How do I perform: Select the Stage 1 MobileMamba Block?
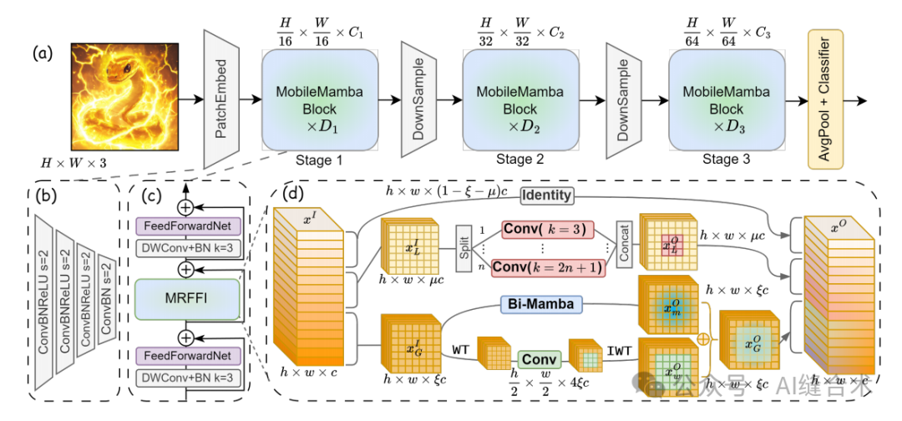coord(314,101)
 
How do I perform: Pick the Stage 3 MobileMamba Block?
coord(726,101)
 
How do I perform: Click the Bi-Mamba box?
coord(542,304)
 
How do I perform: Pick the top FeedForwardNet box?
coord(187,225)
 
